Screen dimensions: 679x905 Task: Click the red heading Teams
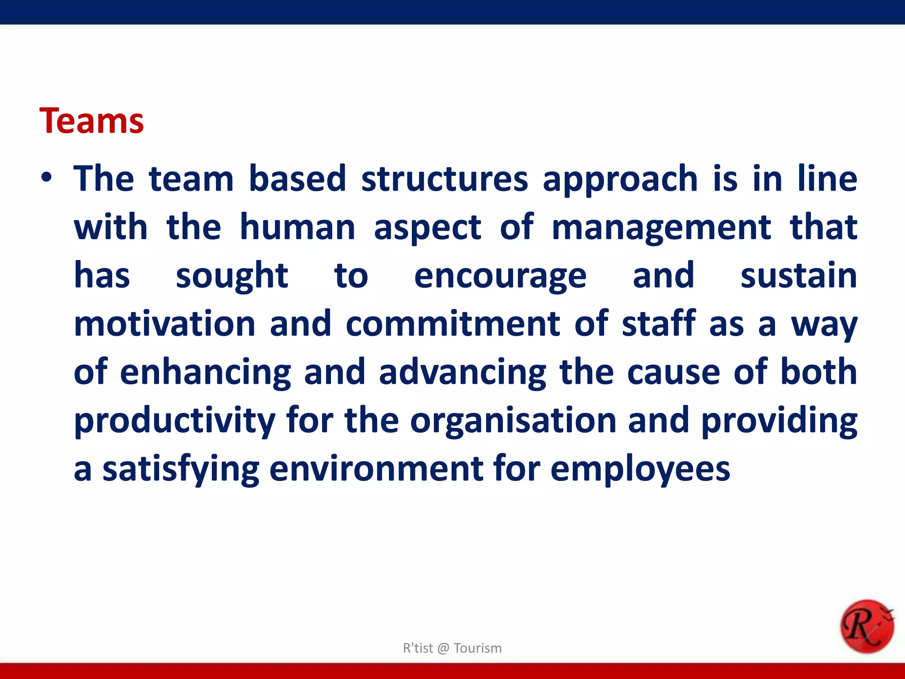91,121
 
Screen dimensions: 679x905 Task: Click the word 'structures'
445,179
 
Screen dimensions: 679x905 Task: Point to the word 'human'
297,227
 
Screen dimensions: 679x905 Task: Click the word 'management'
661,228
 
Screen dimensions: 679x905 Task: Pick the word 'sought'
232,276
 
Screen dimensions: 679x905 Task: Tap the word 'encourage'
500,276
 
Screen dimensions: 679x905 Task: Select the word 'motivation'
164,324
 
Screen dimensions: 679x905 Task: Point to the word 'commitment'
453,324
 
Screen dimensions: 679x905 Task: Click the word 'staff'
658,324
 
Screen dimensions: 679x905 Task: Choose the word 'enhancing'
205,373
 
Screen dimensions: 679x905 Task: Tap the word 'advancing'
463,373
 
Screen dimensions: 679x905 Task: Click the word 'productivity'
175,421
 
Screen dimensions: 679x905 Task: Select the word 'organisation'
513,421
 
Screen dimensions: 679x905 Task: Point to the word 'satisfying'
181,469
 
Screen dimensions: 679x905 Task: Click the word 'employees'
640,469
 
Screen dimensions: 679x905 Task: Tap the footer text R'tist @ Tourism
452,648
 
